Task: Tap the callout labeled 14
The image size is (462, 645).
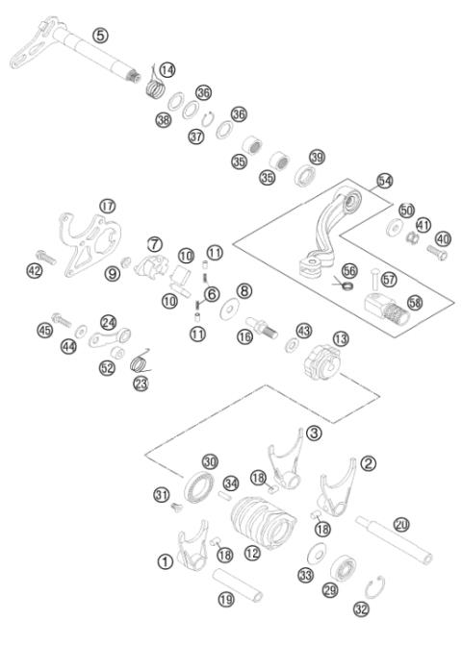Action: tap(168, 69)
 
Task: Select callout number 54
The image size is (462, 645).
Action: tap(384, 181)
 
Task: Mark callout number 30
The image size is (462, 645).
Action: tap(210, 461)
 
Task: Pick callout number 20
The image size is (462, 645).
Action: tap(401, 524)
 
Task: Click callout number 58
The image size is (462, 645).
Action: tap(414, 302)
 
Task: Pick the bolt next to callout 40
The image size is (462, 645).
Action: tap(435, 255)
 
